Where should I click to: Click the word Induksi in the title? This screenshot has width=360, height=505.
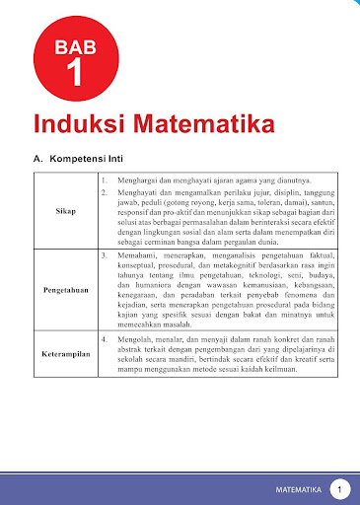tap(80, 126)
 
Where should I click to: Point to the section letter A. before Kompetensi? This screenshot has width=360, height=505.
tap(38, 158)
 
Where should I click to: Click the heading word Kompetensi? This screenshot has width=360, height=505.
tap(90, 158)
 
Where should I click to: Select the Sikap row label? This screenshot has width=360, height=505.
tap(66, 211)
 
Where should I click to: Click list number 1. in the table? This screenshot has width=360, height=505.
tap(105, 180)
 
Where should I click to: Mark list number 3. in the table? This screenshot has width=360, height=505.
tap(105, 254)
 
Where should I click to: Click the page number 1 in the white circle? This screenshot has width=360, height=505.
tap(339, 488)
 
